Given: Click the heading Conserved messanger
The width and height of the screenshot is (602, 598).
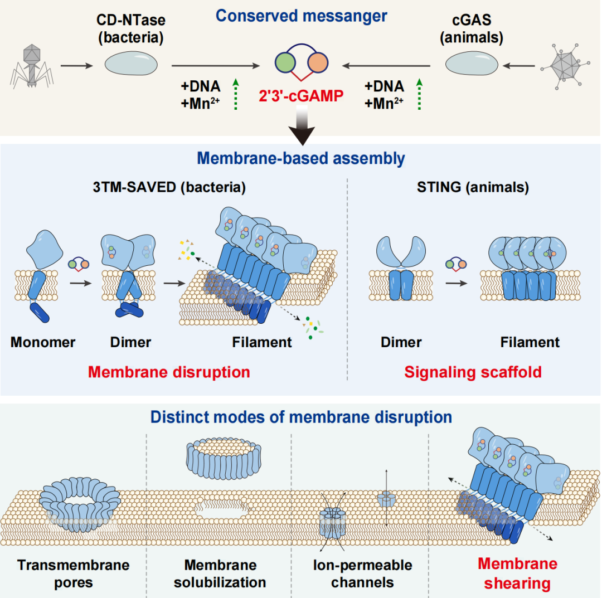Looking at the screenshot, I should click(301, 16).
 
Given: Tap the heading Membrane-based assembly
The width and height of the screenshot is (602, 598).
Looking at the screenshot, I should click(301, 159).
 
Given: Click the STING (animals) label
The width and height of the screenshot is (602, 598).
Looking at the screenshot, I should click(473, 187).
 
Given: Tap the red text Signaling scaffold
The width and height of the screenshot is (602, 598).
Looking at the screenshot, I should click(473, 371).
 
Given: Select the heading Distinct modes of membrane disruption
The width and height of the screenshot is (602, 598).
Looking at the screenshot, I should click(301, 417).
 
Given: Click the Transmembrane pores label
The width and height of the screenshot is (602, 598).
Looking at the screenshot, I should click(73, 574).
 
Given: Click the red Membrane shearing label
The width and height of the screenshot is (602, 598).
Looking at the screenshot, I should click(517, 574).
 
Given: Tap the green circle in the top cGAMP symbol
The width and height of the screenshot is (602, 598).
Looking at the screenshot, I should click(285, 61).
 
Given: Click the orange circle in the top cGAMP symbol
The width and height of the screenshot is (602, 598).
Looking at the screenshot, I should click(318, 61).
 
